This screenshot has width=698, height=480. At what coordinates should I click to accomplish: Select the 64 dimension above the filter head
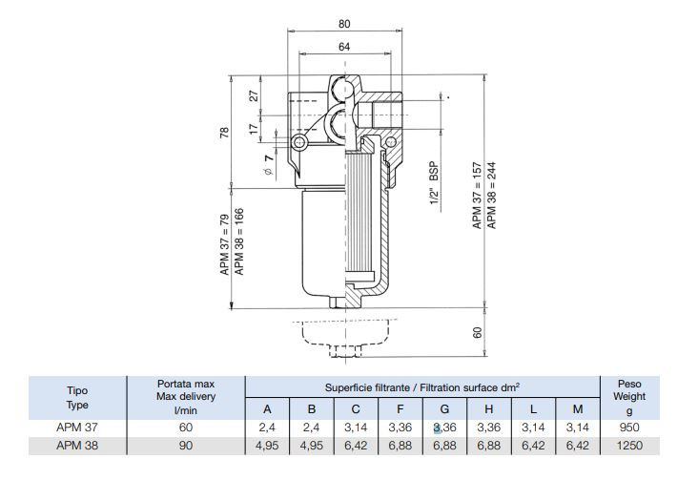344,47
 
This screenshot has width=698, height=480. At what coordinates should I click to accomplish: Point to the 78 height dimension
225,133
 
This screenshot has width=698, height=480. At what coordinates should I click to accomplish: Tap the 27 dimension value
254,96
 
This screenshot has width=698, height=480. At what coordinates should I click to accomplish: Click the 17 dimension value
254,127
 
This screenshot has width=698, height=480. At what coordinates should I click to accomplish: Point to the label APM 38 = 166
240,242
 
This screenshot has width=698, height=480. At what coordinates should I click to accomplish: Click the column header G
444,409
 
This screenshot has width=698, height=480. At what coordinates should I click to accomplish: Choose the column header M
577,409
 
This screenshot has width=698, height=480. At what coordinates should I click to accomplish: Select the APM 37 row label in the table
76,428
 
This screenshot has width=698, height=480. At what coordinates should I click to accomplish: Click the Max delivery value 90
186,445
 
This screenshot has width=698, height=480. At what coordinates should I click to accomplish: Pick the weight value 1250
629,445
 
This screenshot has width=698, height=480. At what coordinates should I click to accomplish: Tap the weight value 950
629,428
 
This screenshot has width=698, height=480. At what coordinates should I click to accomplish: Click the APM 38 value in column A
268,445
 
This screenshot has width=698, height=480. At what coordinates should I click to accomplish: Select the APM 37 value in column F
400,428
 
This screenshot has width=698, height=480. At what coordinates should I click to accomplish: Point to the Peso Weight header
629,396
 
